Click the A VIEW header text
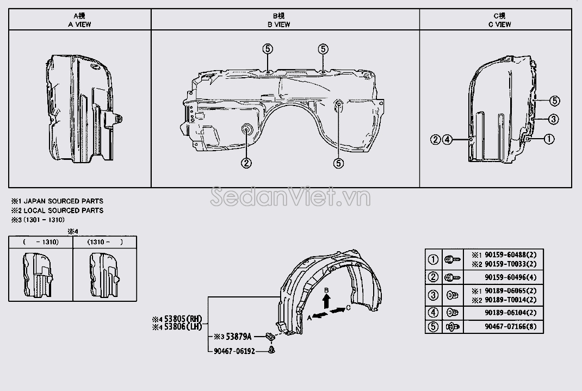coord(79,24)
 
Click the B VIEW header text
coord(278,24)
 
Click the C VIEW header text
coord(500,24)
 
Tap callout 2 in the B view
coord(246,163)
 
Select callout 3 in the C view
coord(553,119)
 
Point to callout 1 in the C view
coord(549,139)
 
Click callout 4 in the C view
coord(447,139)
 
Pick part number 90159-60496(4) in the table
coord(510,277)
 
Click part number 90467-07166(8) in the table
coord(510,327)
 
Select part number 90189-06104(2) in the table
coord(510,313)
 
